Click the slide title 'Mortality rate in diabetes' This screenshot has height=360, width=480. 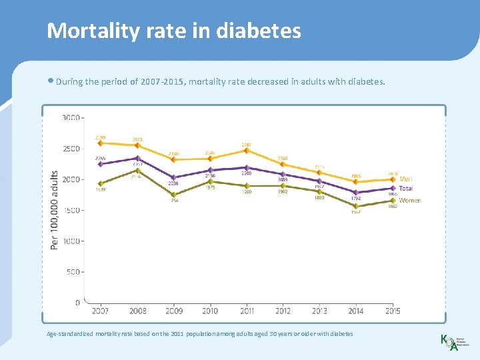click(174, 31)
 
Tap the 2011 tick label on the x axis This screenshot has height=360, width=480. click(246, 311)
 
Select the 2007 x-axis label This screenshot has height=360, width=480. click(101, 311)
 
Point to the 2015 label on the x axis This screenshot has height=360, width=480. click(392, 311)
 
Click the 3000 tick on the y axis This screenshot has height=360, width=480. click(71, 118)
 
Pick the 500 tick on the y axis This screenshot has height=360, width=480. click(72, 272)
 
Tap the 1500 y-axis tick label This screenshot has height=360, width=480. click(71, 210)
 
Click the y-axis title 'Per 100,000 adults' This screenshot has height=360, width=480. click(54, 209)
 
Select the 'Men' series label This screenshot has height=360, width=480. click(405, 179)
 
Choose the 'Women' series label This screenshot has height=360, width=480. click(409, 200)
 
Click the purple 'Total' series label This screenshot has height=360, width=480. click(406, 189)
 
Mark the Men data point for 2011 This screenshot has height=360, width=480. click(247, 151)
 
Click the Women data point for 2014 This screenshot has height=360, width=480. click(356, 206)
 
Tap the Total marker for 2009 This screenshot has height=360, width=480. click(173, 177)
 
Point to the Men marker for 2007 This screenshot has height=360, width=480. click(101, 143)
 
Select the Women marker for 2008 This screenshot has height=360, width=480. click(137, 171)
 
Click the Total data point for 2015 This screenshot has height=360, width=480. click(392, 188)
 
